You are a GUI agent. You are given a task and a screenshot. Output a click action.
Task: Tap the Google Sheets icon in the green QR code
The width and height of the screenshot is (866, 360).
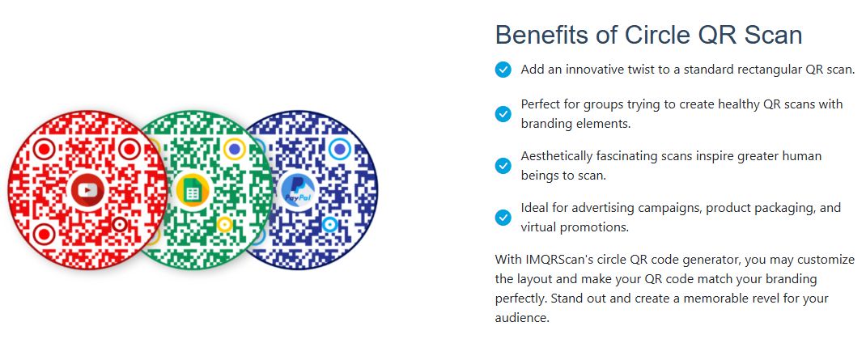pyautogui.click(x=192, y=190)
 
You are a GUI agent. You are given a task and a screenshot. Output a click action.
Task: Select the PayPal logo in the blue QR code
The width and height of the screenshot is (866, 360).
pyautogui.click(x=298, y=190)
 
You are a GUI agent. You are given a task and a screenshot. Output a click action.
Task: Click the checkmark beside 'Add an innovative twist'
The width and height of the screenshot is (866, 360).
pyautogui.click(x=503, y=70)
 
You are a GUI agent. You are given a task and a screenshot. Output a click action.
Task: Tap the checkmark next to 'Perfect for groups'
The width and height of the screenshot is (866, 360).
pyautogui.click(x=503, y=113)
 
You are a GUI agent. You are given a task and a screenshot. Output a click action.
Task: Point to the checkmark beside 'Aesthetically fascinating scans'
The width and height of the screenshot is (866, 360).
pyautogui.click(x=503, y=165)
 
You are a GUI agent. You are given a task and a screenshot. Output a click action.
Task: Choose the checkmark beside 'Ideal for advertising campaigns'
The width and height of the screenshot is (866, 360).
pyautogui.click(x=503, y=217)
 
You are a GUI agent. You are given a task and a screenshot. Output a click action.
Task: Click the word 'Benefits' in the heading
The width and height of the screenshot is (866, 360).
pyautogui.click(x=541, y=35)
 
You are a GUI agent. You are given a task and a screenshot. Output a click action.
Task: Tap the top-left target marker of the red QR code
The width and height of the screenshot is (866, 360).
pyautogui.click(x=44, y=149)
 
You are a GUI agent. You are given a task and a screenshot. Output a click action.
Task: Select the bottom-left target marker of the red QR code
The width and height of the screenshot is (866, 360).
pyautogui.click(x=44, y=235)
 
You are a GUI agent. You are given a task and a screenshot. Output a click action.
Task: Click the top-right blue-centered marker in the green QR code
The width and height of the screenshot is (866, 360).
pyautogui.click(x=235, y=149)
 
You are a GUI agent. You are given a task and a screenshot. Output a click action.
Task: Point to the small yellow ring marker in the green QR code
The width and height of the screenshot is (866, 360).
pyautogui.click(x=224, y=224)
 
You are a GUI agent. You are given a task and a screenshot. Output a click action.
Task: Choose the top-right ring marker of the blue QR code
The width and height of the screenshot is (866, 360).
pyautogui.click(x=340, y=149)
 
